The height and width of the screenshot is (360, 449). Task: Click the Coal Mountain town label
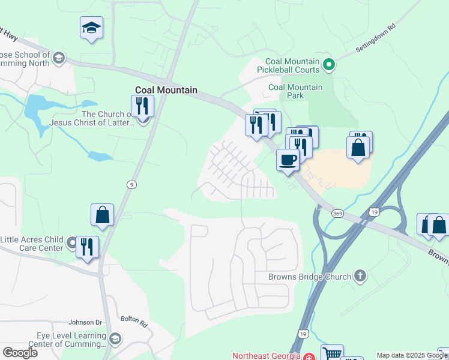(165, 90)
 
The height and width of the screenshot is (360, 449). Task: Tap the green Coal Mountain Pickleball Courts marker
(328, 64)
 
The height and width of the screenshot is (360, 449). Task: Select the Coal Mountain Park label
(295, 91)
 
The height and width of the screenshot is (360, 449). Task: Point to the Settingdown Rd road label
(376, 38)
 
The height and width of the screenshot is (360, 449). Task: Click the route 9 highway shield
(130, 185)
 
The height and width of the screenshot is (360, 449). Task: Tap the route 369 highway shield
(337, 213)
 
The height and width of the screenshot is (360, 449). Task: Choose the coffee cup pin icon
(288, 160)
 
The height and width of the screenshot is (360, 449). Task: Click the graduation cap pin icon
(91, 28)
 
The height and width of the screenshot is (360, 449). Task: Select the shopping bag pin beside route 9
(103, 215)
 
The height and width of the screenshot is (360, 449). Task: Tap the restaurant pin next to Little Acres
(87, 247)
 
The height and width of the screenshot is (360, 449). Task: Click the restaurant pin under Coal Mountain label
(142, 106)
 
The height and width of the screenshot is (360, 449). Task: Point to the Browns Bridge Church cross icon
(360, 276)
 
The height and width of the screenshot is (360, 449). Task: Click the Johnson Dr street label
(86, 322)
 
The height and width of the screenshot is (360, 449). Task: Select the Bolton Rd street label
(133, 322)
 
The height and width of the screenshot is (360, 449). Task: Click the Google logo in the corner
(20, 352)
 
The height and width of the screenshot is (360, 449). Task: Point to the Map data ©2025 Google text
(412, 355)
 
